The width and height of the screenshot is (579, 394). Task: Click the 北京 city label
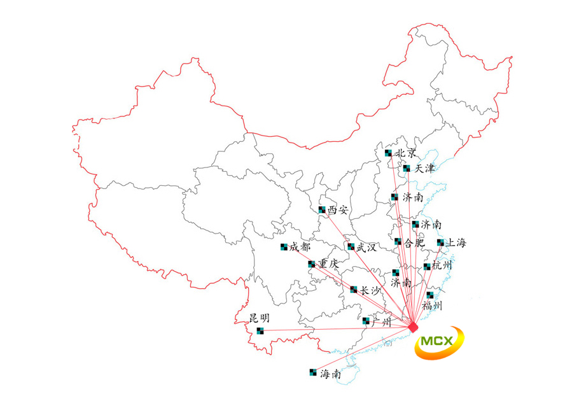(407, 153)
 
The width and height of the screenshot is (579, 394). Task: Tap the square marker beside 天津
(407, 169)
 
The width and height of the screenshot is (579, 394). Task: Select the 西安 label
(338, 210)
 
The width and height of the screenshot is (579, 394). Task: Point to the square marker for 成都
(284, 248)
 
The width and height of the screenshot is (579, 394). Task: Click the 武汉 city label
(366, 248)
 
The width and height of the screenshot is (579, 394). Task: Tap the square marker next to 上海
(440, 243)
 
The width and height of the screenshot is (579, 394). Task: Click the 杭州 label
(443, 265)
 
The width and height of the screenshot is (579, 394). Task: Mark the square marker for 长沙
(354, 290)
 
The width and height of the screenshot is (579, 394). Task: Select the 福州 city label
(433, 306)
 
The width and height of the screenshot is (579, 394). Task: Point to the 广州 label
(380, 322)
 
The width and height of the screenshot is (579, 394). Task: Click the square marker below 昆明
(260, 330)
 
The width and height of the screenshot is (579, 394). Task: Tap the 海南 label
(330, 374)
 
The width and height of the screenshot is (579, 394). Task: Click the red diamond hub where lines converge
(413, 327)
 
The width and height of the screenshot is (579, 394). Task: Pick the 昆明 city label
(259, 318)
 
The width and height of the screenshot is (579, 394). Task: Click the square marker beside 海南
(312, 372)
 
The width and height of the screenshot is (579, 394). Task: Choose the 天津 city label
(424, 169)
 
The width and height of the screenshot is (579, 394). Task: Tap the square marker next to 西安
(322, 209)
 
